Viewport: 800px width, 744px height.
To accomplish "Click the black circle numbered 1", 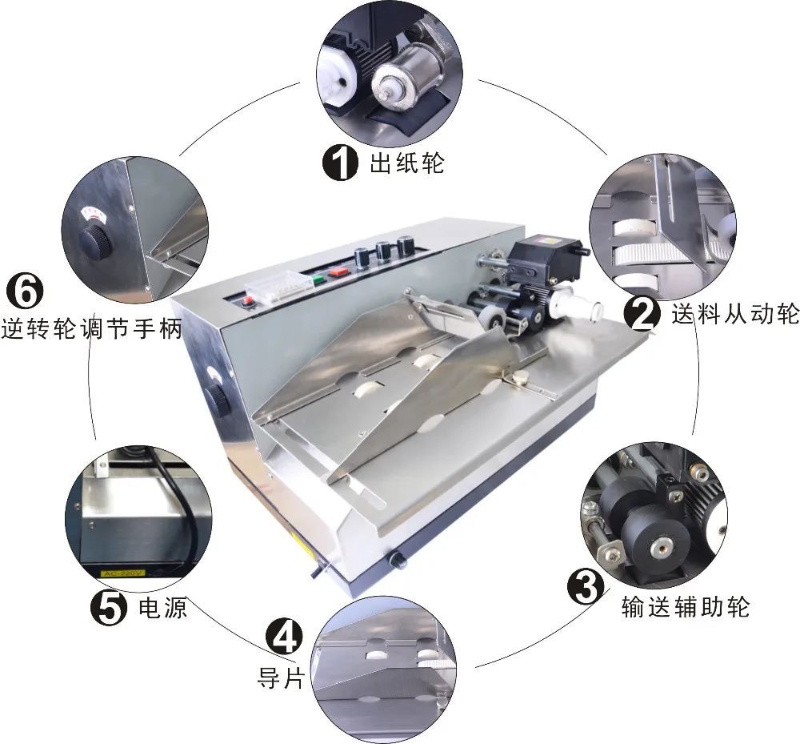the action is (339, 163).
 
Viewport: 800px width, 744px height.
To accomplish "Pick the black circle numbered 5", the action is (108, 608).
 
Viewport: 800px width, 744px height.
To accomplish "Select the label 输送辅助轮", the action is (685, 606).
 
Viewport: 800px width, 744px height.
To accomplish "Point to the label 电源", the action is (163, 608).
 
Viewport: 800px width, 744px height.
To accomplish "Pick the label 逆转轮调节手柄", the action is (92, 328).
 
